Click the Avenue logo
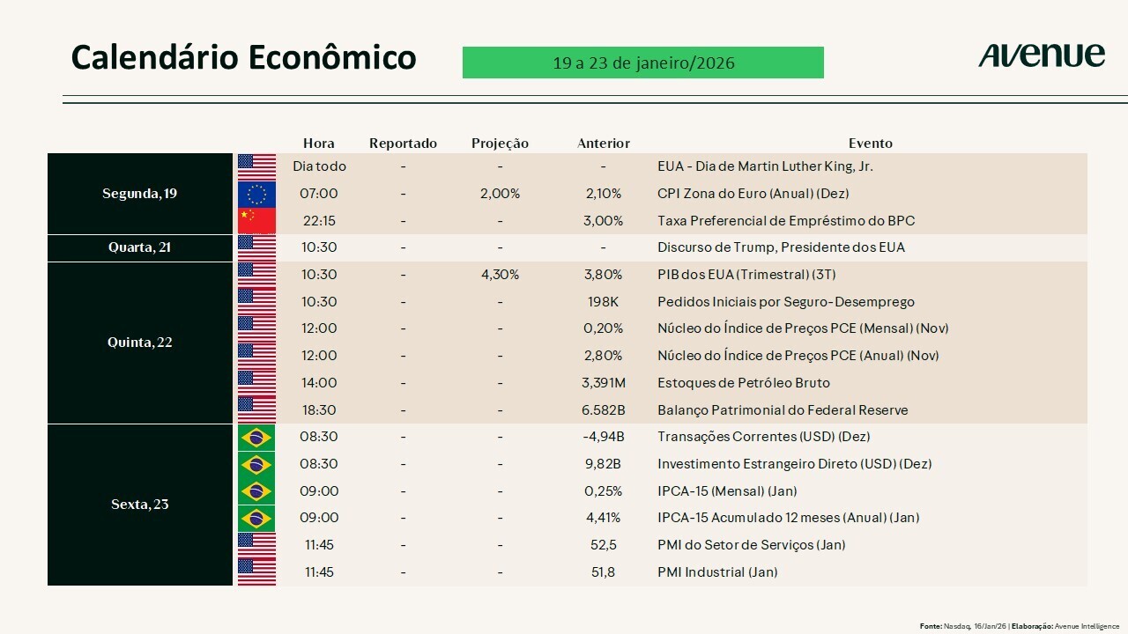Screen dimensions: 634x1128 coord(1041,55)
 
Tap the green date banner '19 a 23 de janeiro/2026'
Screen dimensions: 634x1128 coord(642,63)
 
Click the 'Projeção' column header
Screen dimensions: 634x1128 coord(500,144)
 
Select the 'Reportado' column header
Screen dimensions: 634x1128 coord(403,144)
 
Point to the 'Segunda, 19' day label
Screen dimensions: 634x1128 coord(139,194)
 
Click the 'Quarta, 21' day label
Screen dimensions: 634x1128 coord(139,247)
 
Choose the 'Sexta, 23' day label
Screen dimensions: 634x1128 coord(139,505)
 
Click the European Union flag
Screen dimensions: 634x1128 coord(256,194)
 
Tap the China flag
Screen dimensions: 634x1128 coord(256,220)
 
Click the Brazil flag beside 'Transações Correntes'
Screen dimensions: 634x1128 coord(256,437)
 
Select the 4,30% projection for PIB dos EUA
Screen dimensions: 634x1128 coord(500,275)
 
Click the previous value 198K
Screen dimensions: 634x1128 coord(603,302)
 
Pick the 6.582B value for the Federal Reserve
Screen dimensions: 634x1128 coord(603,410)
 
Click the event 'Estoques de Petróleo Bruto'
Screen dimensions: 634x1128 coord(743,383)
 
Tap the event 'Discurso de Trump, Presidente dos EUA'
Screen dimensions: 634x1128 coord(781,247)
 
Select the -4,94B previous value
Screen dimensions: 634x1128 coord(603,437)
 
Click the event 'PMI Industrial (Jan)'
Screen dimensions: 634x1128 coord(717,572)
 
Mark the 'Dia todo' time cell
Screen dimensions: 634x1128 coord(319,166)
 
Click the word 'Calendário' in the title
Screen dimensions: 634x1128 coord(154,57)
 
